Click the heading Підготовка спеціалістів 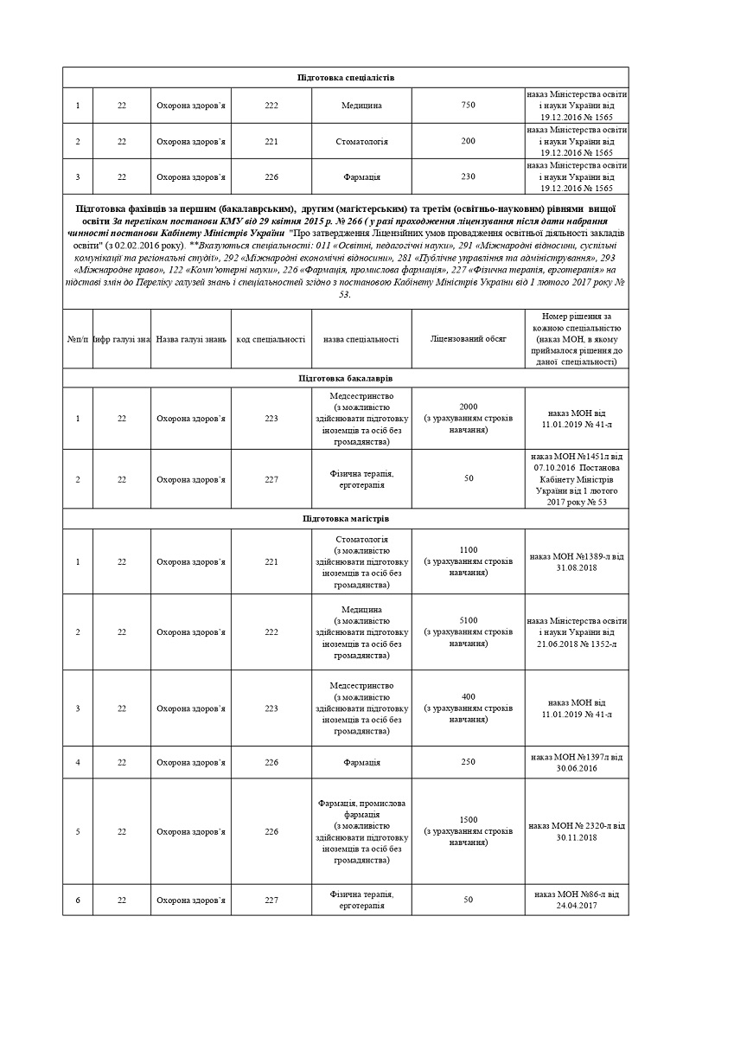[x=345, y=78]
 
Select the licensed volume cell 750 [x=468, y=106]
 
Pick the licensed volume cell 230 [x=468, y=177]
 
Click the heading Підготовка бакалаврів [x=345, y=379]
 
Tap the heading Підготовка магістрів [x=345, y=518]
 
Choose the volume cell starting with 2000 [x=468, y=418]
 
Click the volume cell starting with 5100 [x=468, y=631]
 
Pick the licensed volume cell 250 [x=468, y=762]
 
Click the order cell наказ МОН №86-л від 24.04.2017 [x=577, y=900]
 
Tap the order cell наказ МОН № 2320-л [x=577, y=831]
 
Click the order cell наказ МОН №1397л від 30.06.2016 [x=577, y=762]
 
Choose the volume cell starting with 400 [x=468, y=708]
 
